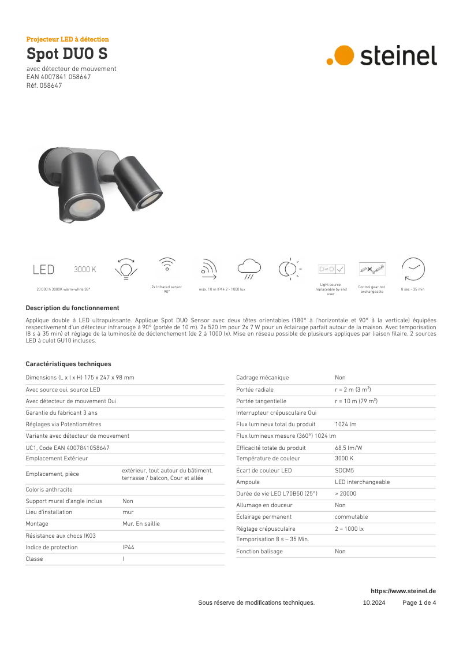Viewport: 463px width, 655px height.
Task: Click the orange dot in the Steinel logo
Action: pos(344,55)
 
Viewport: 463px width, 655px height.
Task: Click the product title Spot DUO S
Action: pos(66,54)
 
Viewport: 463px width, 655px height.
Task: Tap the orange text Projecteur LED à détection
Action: pos(68,39)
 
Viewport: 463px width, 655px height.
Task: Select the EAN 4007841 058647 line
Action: pos(58,77)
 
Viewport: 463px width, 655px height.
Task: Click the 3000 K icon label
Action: pos(85,269)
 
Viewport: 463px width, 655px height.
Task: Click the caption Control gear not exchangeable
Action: pos(371,289)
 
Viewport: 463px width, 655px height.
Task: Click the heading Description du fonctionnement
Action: pos(72,308)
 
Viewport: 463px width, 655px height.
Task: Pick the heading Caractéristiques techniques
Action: pos(68,364)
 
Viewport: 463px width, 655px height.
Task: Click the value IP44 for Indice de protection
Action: pos(128,547)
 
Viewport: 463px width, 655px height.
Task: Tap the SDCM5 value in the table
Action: pos(344,470)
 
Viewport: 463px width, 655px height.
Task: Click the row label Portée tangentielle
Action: pos(261,401)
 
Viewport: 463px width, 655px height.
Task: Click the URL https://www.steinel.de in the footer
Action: pos(403,591)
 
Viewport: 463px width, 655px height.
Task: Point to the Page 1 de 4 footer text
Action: pos(419,602)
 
